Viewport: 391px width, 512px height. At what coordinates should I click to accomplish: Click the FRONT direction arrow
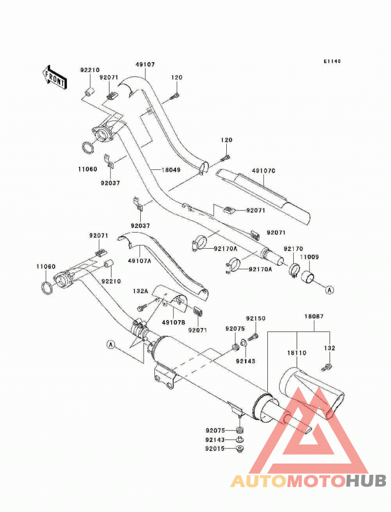tap(55, 77)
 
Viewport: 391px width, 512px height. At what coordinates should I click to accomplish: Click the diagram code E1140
tap(332, 61)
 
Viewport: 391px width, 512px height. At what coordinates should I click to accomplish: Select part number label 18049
tap(171, 170)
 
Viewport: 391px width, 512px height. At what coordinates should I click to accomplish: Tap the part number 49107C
tap(263, 171)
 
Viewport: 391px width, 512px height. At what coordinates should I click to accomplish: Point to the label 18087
tap(314, 316)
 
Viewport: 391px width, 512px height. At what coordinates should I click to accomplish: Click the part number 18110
tap(297, 353)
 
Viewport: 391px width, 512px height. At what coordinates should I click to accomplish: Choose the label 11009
tap(309, 257)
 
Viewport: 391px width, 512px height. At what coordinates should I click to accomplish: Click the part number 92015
tap(215, 449)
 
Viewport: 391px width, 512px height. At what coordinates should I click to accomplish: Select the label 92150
tap(256, 318)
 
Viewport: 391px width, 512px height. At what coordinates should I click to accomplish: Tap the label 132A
tap(140, 291)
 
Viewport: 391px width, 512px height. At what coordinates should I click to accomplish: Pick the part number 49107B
tap(174, 322)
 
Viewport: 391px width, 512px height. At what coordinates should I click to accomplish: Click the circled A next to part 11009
tap(330, 290)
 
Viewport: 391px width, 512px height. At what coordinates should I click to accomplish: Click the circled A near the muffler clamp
tap(111, 344)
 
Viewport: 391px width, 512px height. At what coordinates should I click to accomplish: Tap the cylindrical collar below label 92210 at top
tap(89, 92)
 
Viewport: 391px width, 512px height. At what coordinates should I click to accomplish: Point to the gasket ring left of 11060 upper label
tap(87, 148)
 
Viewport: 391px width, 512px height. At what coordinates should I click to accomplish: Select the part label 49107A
tap(140, 261)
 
